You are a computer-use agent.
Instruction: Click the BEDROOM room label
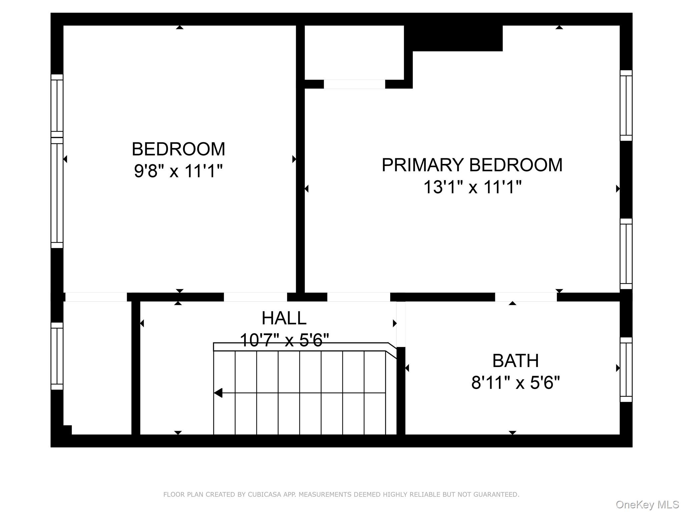pos(178,149)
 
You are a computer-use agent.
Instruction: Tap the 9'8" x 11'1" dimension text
pos(178,171)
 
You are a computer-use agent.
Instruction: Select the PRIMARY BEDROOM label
pos(472,165)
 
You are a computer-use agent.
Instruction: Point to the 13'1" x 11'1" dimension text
pos(472,187)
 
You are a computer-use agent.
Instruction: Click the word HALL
pos(284,318)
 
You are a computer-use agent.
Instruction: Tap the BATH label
pos(515,361)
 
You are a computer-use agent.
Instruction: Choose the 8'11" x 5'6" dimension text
pos(515,382)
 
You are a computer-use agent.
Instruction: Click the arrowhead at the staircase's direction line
pos(218,393)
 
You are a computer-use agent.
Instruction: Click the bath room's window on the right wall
pos(626,369)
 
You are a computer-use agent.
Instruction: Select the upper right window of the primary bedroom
pos(626,105)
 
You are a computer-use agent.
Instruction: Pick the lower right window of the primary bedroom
pos(626,254)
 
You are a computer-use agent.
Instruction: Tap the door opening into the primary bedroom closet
pos(354,84)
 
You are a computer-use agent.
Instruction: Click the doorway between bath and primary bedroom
pos(526,297)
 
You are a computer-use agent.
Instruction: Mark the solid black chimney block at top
pos(454,38)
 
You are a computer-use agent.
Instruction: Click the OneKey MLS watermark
pos(647,505)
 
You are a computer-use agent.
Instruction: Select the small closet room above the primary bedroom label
pos(354,52)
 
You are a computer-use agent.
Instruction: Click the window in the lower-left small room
pos(57,356)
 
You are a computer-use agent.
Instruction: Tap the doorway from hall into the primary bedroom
pos(359,297)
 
